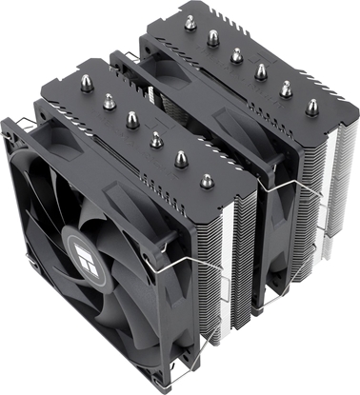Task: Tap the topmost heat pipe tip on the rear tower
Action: (190, 23)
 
